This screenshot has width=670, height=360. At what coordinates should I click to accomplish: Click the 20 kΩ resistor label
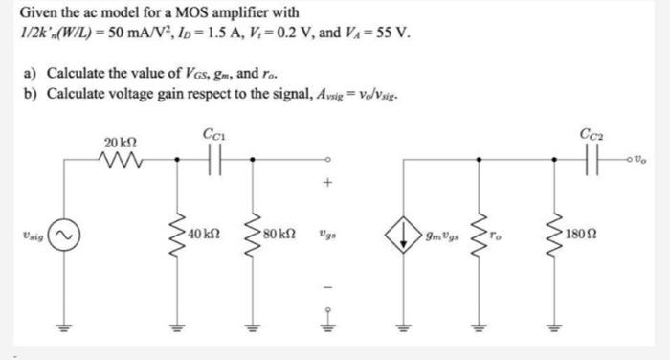(117, 143)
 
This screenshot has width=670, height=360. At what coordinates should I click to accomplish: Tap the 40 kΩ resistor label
(205, 233)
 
